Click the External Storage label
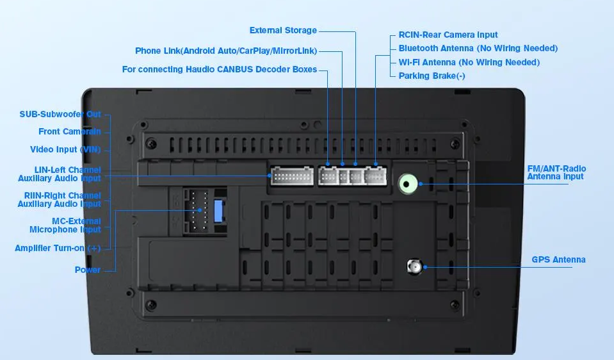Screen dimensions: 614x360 coord(283,30)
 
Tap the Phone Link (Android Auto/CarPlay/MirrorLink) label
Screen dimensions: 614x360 coord(226,51)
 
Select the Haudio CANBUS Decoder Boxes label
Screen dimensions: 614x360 coord(219,69)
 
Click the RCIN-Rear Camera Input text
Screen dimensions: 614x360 coord(448,35)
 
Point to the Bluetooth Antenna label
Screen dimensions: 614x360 coord(478,48)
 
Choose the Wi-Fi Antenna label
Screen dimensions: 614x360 coord(469,62)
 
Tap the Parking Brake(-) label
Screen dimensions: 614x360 coord(432,76)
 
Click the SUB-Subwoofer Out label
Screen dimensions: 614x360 coord(60,115)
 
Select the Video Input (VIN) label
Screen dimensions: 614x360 coord(65,150)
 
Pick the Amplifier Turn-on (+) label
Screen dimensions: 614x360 coord(58,249)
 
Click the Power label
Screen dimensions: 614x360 coord(88,270)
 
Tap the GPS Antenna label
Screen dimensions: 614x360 coord(558,259)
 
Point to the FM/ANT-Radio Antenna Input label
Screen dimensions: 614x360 coord(556,172)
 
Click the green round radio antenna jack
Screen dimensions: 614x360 coord(407,184)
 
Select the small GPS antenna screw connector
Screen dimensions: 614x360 coord(414,266)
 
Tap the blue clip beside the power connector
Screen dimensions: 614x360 coord(218,211)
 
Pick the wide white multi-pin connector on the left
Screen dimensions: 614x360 coord(292,176)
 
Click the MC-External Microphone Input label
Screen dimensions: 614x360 coord(65,225)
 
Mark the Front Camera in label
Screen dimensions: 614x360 coord(70,131)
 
